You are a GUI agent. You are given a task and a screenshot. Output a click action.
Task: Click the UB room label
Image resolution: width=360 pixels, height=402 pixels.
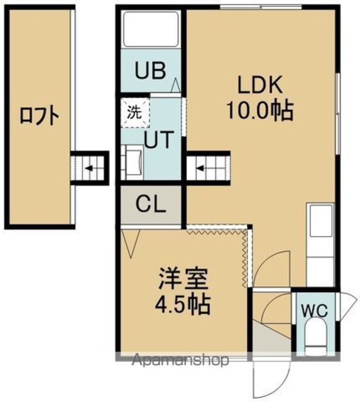coord(150,70)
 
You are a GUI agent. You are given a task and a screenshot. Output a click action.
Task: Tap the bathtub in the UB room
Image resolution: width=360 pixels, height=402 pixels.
coord(151,30)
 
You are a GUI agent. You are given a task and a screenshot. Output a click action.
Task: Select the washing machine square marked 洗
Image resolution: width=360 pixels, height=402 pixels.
coord(135,112)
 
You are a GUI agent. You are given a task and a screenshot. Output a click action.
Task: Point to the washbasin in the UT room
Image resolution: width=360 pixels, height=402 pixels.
coord(133,162)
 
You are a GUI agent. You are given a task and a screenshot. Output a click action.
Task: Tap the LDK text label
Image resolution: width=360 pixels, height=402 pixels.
coord(260,85)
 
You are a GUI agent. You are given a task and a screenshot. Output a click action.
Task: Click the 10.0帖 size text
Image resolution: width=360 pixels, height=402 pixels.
coord(259,111)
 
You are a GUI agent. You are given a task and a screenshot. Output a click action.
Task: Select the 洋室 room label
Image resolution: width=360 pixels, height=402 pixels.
coord(182,278)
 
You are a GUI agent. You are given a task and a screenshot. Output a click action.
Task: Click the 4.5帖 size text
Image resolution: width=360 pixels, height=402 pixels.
coord(183,305)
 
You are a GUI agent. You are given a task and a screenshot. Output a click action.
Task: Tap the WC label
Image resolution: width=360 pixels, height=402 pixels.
coord(314,311)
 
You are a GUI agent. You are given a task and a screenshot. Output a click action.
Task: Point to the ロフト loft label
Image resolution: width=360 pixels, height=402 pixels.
coord(40,117)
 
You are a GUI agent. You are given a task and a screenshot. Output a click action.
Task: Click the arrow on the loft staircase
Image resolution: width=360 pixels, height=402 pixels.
coord(89,168)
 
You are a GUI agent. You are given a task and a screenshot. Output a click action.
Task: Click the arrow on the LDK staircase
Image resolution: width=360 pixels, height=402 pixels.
coord(200,168)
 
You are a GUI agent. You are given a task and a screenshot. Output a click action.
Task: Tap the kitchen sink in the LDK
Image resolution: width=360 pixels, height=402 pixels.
coord(320,221)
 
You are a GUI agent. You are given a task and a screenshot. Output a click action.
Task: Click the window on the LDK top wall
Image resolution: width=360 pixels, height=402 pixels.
coord(261,7)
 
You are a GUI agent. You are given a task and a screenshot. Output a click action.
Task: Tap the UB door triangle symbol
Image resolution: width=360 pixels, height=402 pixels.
coord(176,85)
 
